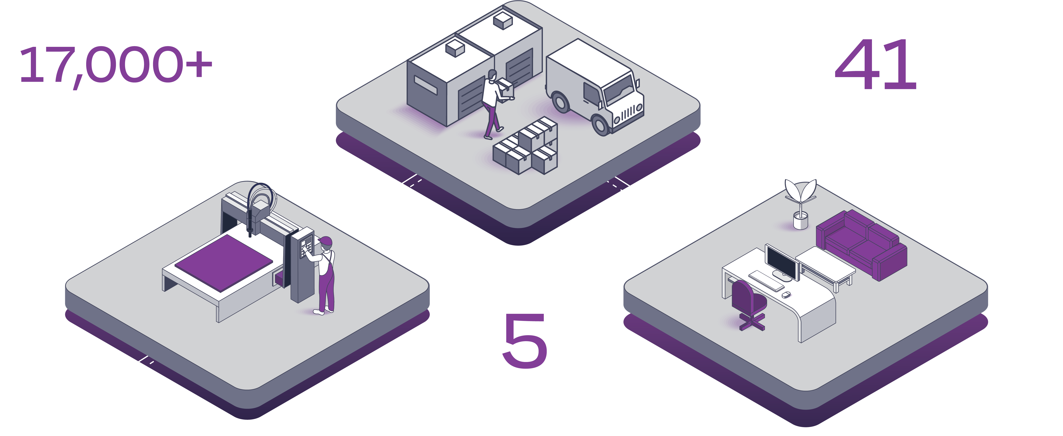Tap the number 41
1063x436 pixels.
(875, 65)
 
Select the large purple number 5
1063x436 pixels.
(525, 340)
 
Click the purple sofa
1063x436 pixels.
(863, 245)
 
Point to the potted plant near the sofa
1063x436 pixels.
(801, 204)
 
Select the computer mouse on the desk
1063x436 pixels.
(786, 295)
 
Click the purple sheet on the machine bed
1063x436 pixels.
(224, 262)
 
